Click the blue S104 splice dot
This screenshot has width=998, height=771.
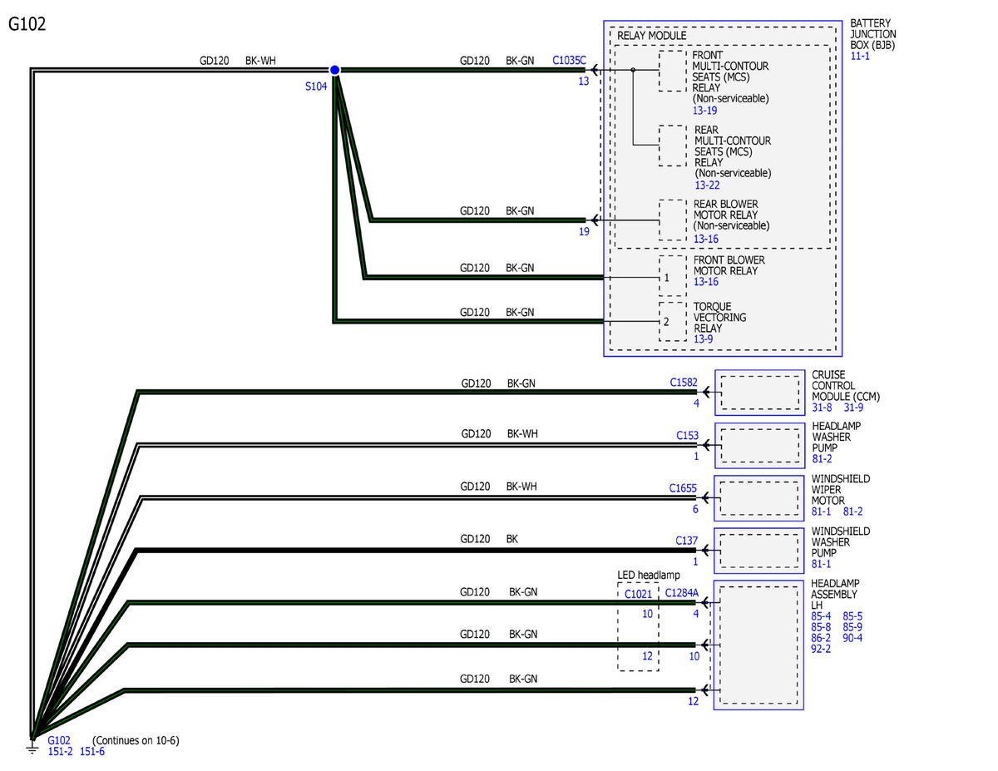click(x=334, y=70)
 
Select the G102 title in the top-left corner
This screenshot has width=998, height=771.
click(x=27, y=24)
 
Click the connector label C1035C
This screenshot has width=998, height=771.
click(x=569, y=60)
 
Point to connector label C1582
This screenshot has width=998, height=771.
click(x=684, y=382)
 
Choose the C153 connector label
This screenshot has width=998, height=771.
click(x=687, y=435)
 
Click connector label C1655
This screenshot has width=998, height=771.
click(x=683, y=487)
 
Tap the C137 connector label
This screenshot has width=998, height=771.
click(x=686, y=541)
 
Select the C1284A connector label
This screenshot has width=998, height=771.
click(x=682, y=593)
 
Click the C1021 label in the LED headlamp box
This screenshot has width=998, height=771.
click(x=638, y=594)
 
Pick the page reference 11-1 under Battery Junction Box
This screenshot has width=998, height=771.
click(x=860, y=56)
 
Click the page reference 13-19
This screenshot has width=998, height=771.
click(x=704, y=111)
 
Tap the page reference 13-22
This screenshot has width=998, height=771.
click(x=707, y=185)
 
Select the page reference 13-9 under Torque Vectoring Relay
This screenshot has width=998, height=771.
click(x=703, y=339)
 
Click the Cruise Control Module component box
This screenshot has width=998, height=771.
click(x=759, y=393)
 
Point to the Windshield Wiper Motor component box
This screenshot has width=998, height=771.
click(x=758, y=498)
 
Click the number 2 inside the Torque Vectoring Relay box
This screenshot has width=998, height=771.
click(x=666, y=322)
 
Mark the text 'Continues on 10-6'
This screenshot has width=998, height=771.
click(x=136, y=740)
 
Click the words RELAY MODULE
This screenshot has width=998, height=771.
click(x=651, y=36)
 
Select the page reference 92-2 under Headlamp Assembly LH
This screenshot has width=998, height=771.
click(x=821, y=649)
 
